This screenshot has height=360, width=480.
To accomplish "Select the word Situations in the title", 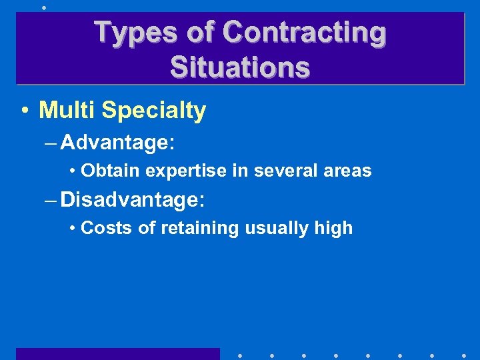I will point(240,67).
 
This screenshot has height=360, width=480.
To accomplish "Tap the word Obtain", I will point(110,171).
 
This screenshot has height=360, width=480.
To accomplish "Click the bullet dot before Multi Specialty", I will point(25,111).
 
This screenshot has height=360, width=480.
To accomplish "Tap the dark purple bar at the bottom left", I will point(117,353).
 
